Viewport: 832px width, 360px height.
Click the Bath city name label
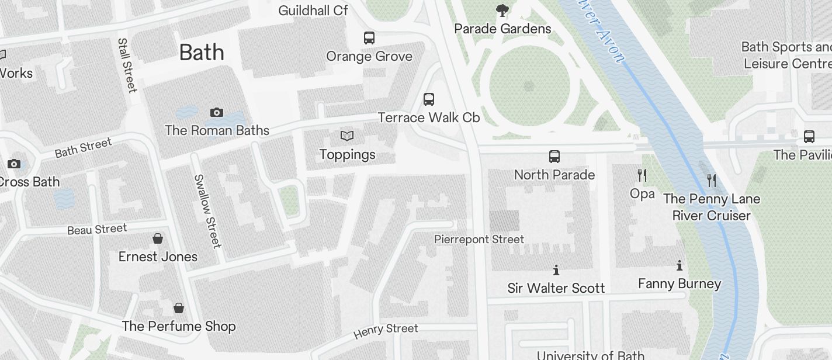pyautogui.click(x=202, y=53)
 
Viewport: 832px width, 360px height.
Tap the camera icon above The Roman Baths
pyautogui.click(x=217, y=112)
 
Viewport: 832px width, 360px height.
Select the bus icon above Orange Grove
pyautogui.click(x=369, y=38)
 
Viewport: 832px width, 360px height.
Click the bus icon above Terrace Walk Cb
pyautogui.click(x=429, y=99)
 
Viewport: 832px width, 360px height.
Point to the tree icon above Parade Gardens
pyautogui.click(x=502, y=10)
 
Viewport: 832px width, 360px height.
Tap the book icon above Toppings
pyautogui.click(x=347, y=136)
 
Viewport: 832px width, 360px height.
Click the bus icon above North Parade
pyautogui.click(x=554, y=156)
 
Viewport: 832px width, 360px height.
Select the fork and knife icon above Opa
pyautogui.click(x=642, y=175)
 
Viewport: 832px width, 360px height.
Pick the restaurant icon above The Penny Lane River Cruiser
pyautogui.click(x=711, y=180)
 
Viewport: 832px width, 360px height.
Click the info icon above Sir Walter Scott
pyautogui.click(x=556, y=270)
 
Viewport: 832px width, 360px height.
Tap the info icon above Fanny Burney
pyautogui.click(x=680, y=265)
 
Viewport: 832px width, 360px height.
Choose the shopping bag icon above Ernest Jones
pyautogui.click(x=158, y=238)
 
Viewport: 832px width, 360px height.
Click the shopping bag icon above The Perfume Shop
pyautogui.click(x=179, y=307)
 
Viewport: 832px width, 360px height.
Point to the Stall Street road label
pyautogui.click(x=127, y=65)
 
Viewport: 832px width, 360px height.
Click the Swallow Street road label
pyautogui.click(x=207, y=210)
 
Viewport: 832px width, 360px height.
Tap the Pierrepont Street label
pyautogui.click(x=479, y=239)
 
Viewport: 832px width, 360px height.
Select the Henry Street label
pyautogui.click(x=386, y=331)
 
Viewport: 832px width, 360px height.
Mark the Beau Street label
pyautogui.click(x=97, y=229)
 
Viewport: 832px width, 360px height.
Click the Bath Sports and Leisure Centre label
pyautogui.click(x=786, y=55)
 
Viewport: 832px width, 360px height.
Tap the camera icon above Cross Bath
pyautogui.click(x=13, y=164)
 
